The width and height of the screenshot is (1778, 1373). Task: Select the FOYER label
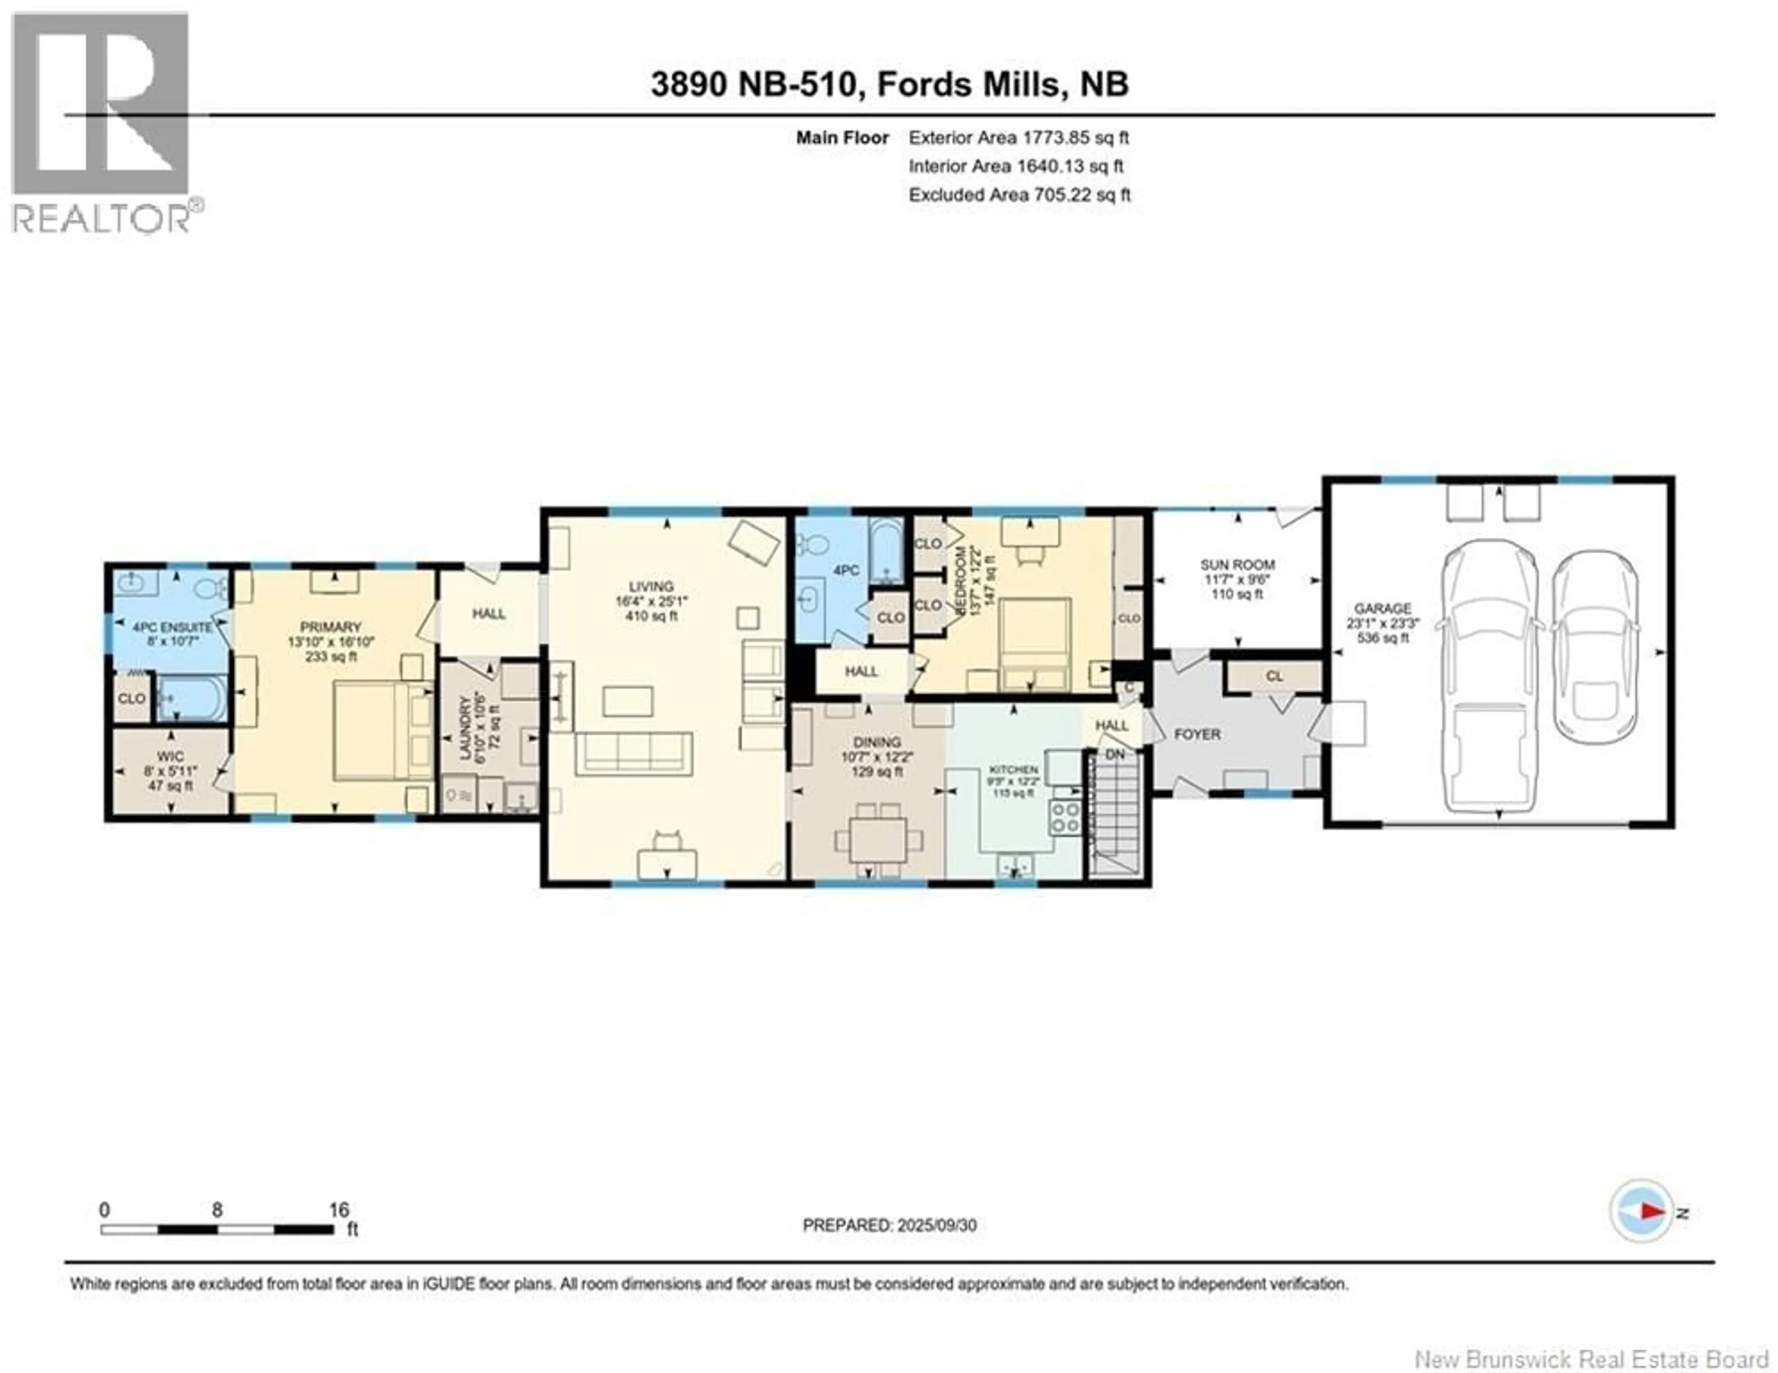pos(1197,734)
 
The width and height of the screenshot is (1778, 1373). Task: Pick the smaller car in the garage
pos(1594,648)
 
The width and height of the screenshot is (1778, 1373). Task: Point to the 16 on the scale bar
pos(338,1209)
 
